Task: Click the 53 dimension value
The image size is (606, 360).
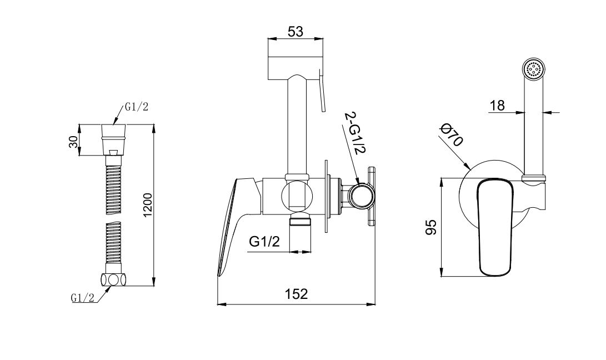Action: pyautogui.click(x=296, y=31)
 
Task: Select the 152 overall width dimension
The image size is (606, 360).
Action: pyautogui.click(x=297, y=294)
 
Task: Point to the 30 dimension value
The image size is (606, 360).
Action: pyautogui.click(x=73, y=141)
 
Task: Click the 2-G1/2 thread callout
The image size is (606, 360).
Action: pyautogui.click(x=354, y=133)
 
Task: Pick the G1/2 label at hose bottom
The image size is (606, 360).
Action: pyautogui.click(x=82, y=297)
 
